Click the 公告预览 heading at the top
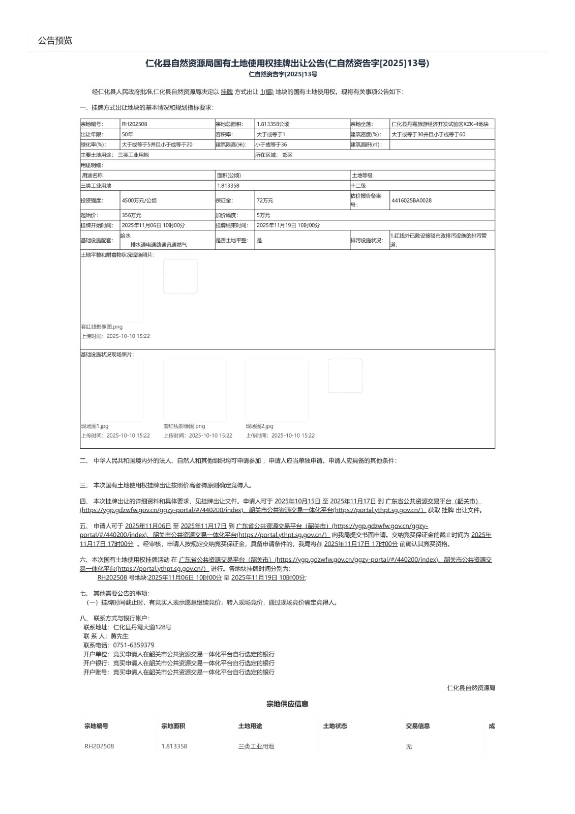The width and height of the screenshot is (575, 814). coord(55,41)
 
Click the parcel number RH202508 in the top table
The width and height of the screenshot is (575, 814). coord(135,124)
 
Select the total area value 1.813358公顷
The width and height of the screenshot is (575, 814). coord(273,124)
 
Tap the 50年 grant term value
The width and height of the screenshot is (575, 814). coord(128,135)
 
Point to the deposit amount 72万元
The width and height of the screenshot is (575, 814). coord(265,200)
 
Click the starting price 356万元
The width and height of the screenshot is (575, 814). coord(132,215)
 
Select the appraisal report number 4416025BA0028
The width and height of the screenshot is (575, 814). coord(411,200)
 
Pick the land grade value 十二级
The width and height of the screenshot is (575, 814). coord(358,186)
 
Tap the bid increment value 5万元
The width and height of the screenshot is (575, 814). coord(263,215)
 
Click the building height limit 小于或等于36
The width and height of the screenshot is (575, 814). coord(271,145)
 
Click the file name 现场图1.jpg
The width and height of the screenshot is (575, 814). coord(95,426)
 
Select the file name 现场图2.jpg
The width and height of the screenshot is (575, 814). coord(259,426)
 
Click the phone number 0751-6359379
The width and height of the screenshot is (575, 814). coord(134,645)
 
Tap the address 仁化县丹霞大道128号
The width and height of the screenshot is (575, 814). coord(142,627)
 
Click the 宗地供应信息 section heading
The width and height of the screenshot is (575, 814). coord(287,704)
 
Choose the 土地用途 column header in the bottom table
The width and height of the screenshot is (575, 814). coord(250,726)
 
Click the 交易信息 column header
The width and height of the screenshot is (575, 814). coord(417,726)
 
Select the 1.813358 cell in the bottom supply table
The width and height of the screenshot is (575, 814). coord(174,746)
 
